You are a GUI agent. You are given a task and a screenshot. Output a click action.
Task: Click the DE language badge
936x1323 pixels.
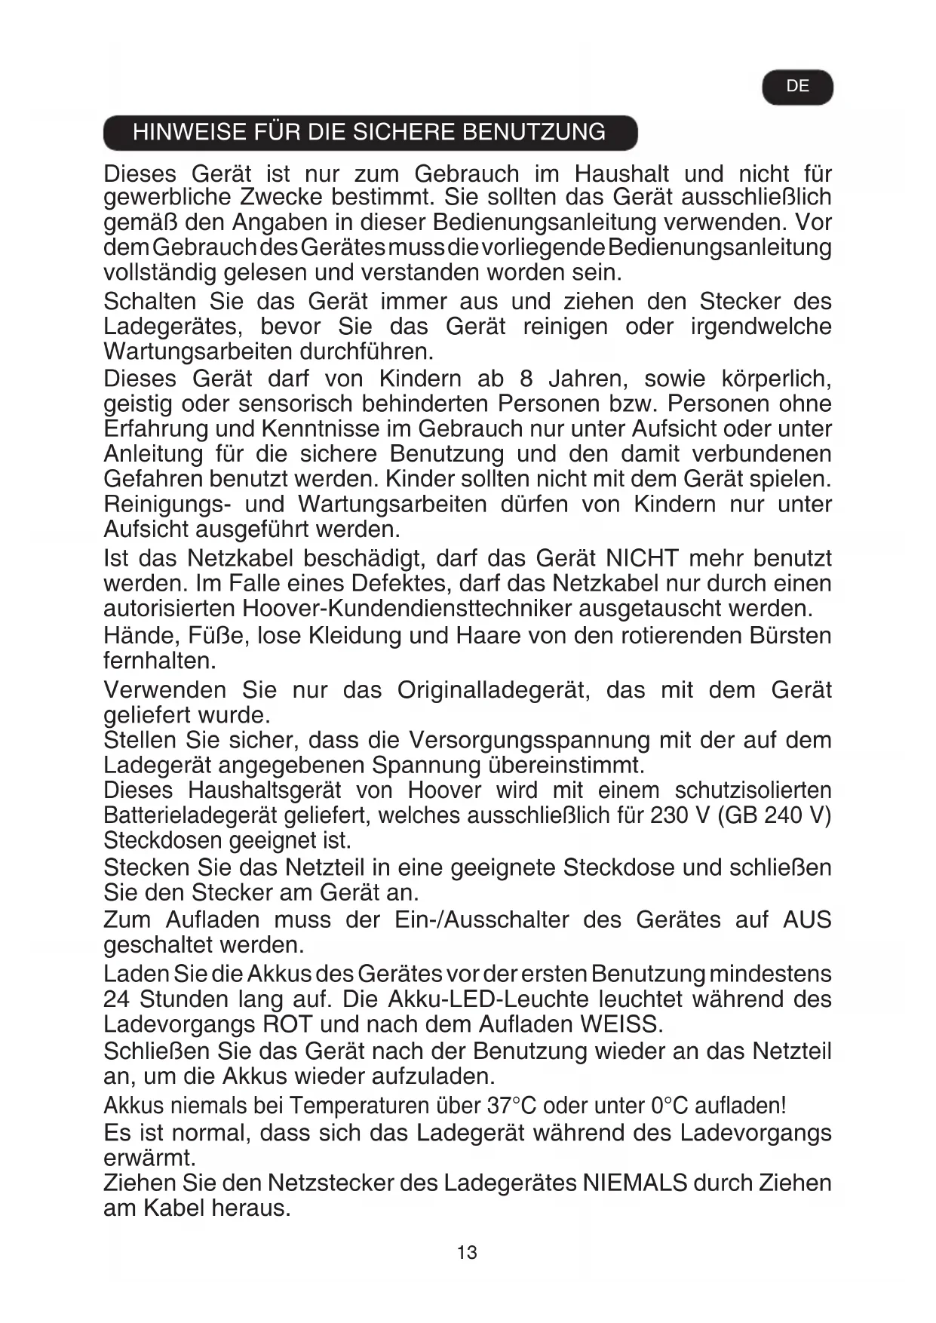(x=797, y=87)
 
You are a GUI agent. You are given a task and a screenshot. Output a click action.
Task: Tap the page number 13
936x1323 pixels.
(x=467, y=1253)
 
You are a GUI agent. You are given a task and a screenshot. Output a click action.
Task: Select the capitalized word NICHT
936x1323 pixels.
(x=642, y=559)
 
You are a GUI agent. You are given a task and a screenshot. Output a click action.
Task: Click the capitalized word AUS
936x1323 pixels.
(x=807, y=920)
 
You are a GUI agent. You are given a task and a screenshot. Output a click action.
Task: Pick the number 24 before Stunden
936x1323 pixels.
(x=117, y=999)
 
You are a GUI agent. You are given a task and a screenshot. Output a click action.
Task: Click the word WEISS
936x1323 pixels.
(x=620, y=1024)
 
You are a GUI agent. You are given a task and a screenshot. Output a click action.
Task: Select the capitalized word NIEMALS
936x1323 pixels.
(x=634, y=1183)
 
